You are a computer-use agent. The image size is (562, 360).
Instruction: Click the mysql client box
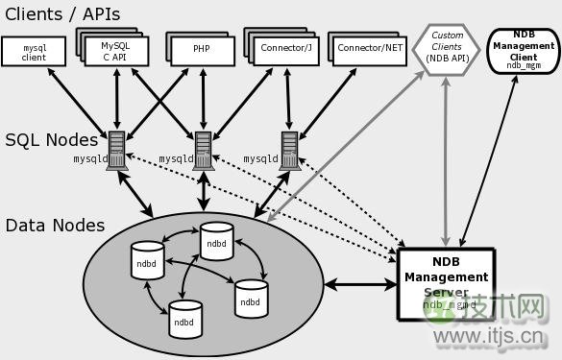[34, 52]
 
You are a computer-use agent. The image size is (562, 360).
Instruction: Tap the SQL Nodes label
[51, 140]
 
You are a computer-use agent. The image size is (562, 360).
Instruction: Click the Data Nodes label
[55, 226]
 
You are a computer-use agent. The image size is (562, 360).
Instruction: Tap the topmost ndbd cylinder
[217, 241]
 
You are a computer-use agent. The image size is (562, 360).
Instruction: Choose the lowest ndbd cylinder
[184, 321]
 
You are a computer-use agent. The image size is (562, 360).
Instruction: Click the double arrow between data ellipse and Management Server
[360, 284]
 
